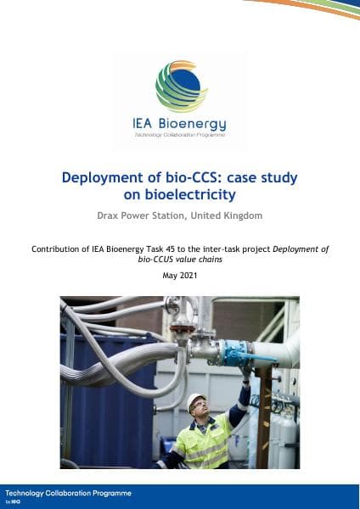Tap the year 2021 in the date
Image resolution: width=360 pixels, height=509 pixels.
(188, 276)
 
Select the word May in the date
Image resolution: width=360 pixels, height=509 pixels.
(169, 276)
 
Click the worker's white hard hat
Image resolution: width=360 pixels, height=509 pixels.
(196, 401)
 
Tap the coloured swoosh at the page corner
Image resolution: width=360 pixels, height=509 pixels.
(314, 8)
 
